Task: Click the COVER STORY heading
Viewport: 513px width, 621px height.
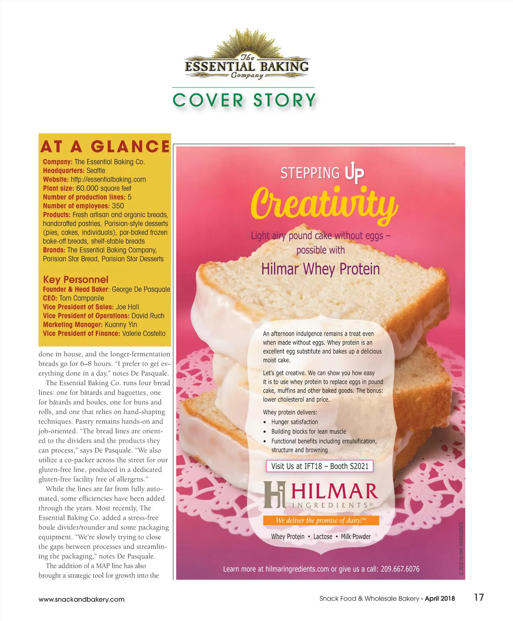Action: pos(244,100)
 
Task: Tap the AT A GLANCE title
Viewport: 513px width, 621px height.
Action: pos(105,146)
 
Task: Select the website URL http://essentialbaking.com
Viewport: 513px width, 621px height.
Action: pos(108,179)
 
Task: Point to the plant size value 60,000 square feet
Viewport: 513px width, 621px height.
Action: pos(103,188)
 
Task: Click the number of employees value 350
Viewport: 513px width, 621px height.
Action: pos(118,206)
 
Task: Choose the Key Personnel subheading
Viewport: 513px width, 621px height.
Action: pos(76,280)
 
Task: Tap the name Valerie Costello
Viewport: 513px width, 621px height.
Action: pos(144,334)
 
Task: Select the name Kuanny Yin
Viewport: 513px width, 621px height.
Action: pos(121,325)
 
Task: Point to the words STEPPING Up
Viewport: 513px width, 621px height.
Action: pos(322,173)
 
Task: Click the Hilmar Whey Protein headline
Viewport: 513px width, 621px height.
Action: pos(320,269)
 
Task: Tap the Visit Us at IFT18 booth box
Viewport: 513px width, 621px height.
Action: pos(319,466)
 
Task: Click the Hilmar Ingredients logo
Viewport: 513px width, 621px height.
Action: pos(321,495)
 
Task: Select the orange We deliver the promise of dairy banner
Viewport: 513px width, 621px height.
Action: pos(321,520)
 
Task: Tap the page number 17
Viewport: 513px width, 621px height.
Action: pos(479,597)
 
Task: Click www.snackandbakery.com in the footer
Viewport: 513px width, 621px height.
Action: pos(81,599)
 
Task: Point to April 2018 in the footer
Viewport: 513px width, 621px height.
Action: pos(440,598)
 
